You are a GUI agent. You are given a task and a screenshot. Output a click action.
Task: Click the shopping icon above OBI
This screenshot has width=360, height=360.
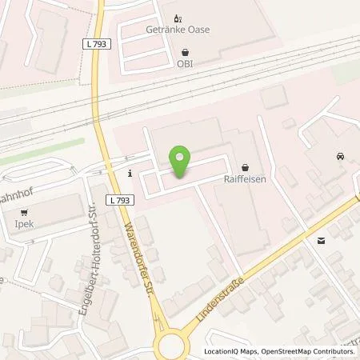pos(186,52)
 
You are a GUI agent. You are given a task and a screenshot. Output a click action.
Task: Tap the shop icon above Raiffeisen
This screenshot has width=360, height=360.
pos(244,167)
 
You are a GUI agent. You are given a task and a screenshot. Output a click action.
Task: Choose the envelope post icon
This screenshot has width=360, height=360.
pos(321,240)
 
